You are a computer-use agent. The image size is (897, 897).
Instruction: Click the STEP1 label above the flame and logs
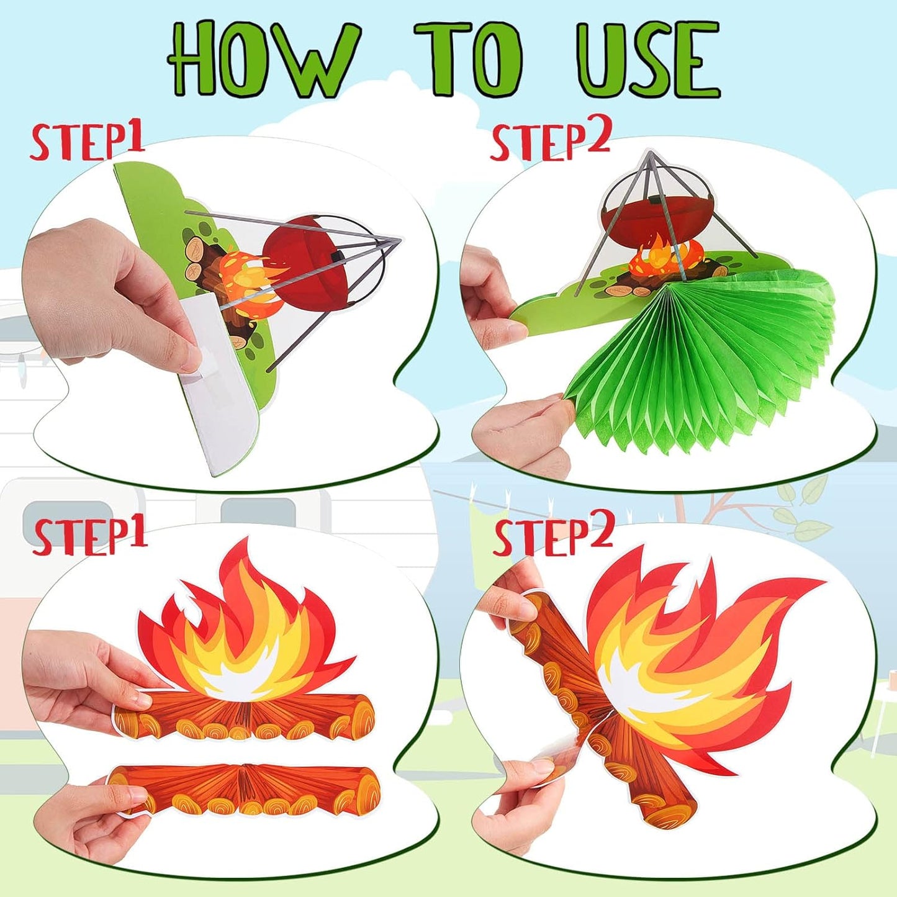tap(90, 538)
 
